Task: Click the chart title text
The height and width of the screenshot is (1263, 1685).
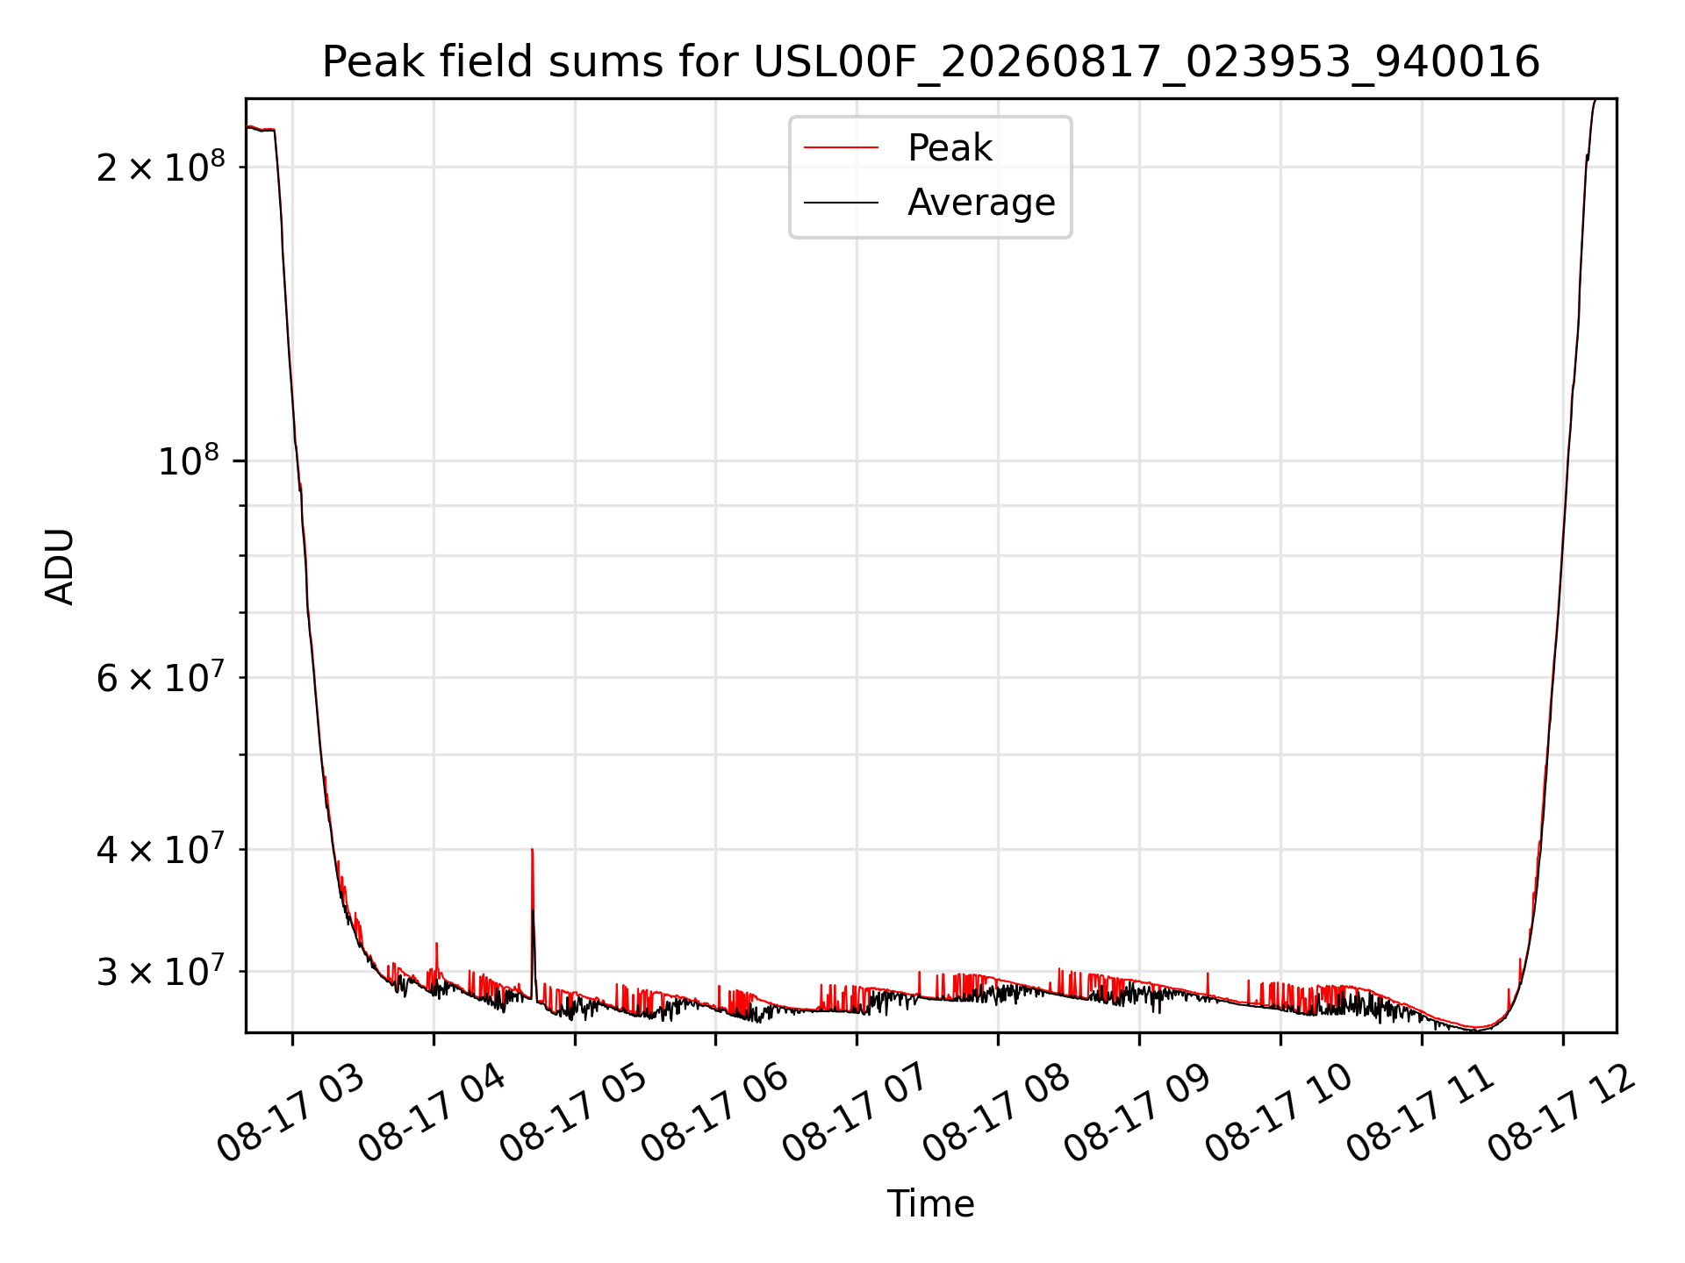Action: point(931,62)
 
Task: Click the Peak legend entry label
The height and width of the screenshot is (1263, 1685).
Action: point(950,148)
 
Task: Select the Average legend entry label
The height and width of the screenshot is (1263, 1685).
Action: point(981,203)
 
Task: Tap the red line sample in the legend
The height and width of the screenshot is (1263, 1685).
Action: point(841,148)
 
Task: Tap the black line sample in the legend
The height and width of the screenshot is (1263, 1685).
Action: point(841,203)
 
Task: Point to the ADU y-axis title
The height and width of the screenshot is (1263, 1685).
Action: point(60,566)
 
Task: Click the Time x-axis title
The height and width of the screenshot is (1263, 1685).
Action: point(930,1204)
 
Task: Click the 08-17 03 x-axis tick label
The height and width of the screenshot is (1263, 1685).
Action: point(290,1112)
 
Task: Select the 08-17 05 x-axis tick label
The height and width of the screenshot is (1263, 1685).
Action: point(573,1112)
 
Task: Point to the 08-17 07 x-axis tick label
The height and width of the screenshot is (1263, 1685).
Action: point(856,1112)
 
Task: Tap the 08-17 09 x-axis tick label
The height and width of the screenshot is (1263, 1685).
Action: point(1137,1112)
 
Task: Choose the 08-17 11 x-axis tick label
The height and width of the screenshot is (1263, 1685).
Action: point(1420,1112)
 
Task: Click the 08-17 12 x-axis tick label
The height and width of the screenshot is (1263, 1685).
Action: point(1561,1112)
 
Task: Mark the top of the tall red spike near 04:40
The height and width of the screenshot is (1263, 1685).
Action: point(532,849)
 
